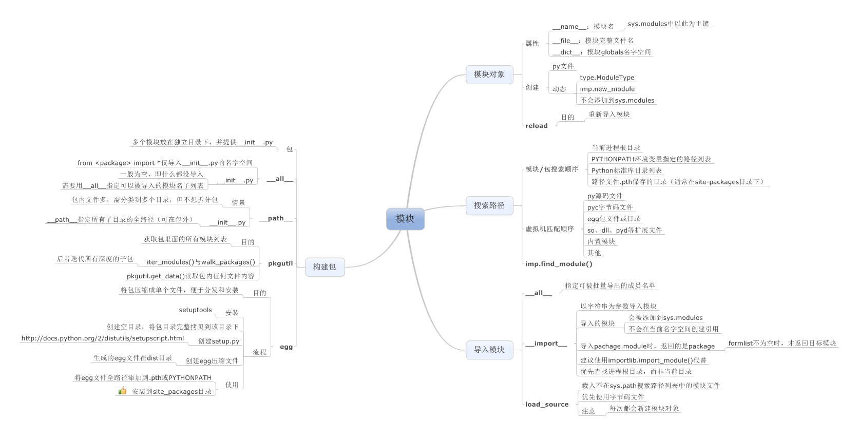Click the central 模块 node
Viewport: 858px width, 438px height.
click(x=405, y=219)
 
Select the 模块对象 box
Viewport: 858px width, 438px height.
click(x=489, y=74)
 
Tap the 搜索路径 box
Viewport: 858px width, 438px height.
click(x=489, y=205)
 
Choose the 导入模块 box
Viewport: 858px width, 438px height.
click(x=489, y=350)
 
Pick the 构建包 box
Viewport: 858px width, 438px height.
click(x=325, y=266)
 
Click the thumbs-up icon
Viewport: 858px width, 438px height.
click(x=122, y=391)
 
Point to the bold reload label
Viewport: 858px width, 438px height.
click(x=537, y=126)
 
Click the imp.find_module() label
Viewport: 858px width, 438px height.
click(x=559, y=264)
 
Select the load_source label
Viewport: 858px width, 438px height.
click(x=547, y=405)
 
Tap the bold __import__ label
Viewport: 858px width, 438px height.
click(x=546, y=344)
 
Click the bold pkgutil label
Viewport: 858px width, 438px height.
click(x=280, y=263)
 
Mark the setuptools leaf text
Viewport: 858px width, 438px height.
click(x=195, y=310)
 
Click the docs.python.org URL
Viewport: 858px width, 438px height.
click(x=102, y=338)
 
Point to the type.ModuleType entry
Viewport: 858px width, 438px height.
click(x=607, y=78)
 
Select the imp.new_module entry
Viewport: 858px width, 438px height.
click(x=607, y=89)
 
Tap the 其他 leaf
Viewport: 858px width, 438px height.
click(x=594, y=253)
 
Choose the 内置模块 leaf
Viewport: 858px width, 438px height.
click(x=601, y=241)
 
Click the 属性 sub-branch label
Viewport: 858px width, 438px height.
click(x=532, y=44)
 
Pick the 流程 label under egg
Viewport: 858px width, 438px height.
click(x=259, y=352)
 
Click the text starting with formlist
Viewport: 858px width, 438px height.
click(x=781, y=344)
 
